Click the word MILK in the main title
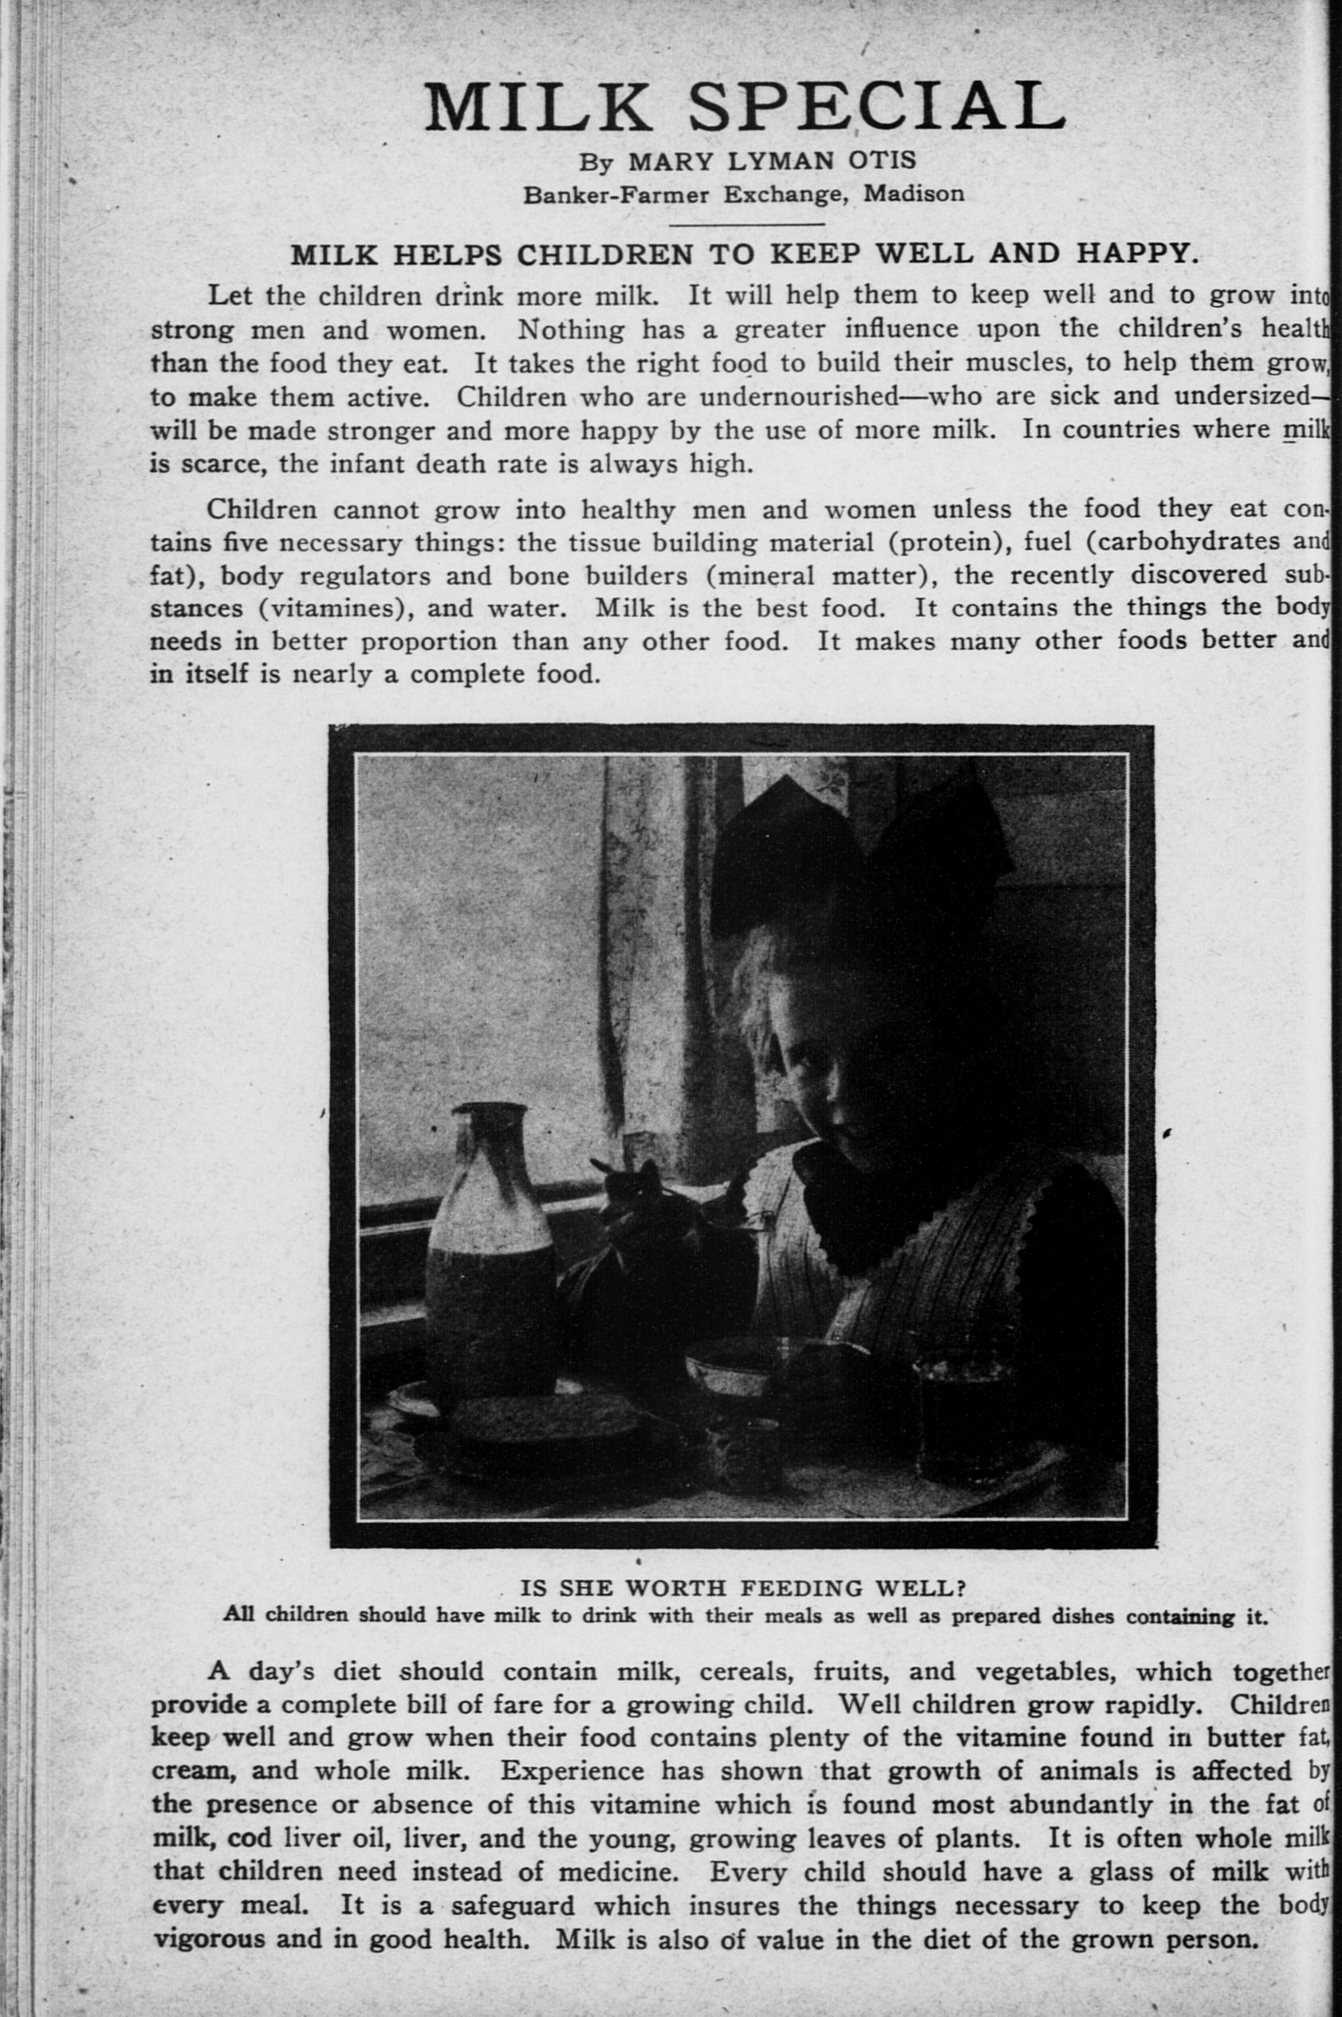pyautogui.click(x=548, y=107)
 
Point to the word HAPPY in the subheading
pyautogui.click(x=1130, y=254)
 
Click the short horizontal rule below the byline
pyautogui.click(x=746, y=225)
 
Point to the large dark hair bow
pyautogui.click(x=856, y=864)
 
